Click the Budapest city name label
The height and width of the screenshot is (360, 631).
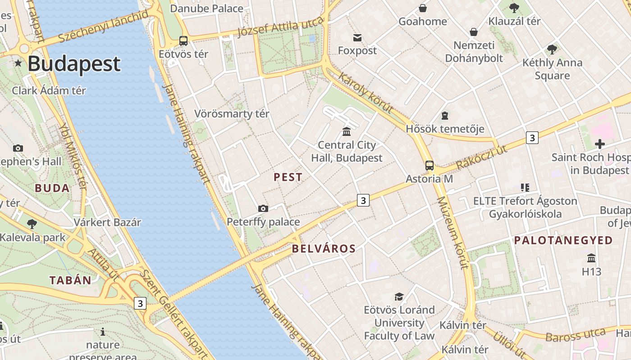tap(74, 64)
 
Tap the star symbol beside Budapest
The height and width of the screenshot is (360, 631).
tap(18, 63)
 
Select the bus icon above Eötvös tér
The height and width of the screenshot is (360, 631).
tap(183, 41)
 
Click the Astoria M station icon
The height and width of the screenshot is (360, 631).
tap(430, 166)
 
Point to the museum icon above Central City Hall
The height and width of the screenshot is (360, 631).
tap(347, 131)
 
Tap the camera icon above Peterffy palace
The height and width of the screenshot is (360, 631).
tap(263, 208)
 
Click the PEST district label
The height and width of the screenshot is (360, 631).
tap(288, 177)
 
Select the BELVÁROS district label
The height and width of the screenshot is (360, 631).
tap(324, 248)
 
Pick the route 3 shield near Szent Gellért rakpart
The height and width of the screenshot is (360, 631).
tap(140, 303)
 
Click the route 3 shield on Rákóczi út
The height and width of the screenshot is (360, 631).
tap(532, 138)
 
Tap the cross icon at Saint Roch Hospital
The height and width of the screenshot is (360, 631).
tap(599, 144)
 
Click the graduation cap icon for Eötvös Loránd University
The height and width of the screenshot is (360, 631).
tap(399, 297)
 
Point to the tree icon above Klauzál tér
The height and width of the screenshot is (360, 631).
tap(514, 8)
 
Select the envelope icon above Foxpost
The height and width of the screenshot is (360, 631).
tap(357, 37)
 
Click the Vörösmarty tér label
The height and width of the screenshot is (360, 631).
tap(232, 114)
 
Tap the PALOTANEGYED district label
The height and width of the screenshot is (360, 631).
tap(563, 240)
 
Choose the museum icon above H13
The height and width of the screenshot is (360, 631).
tap(591, 258)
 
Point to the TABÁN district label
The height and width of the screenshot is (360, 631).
tap(70, 280)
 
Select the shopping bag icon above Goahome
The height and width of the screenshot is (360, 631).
tap(423, 8)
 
